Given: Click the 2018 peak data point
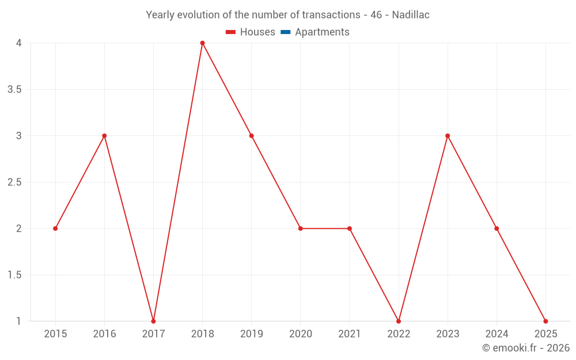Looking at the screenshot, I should pos(202,43).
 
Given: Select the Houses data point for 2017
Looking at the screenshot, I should pos(153,321).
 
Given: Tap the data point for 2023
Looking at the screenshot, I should pos(448,136).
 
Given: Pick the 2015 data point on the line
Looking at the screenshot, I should pos(55,229).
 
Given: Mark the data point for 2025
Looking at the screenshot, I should pos(545,321).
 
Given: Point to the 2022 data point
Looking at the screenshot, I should pos(399,321).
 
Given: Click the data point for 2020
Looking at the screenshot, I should pos(300,229).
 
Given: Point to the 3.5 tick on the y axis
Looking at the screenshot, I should pos(15,89).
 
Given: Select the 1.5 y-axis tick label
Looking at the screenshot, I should pos(15,275).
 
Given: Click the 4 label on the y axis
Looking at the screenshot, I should pos(19,43).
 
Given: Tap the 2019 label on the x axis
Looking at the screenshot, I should pos(251,334).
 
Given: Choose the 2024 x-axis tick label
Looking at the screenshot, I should pos(497,334).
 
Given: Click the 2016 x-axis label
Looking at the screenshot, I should pos(104,334).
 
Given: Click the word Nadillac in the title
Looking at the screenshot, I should pos(411,15).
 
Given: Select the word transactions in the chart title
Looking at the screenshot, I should pos(331,15).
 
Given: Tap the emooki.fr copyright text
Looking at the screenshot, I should pos(525,348).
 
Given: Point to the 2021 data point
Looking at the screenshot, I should pos(350,229).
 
